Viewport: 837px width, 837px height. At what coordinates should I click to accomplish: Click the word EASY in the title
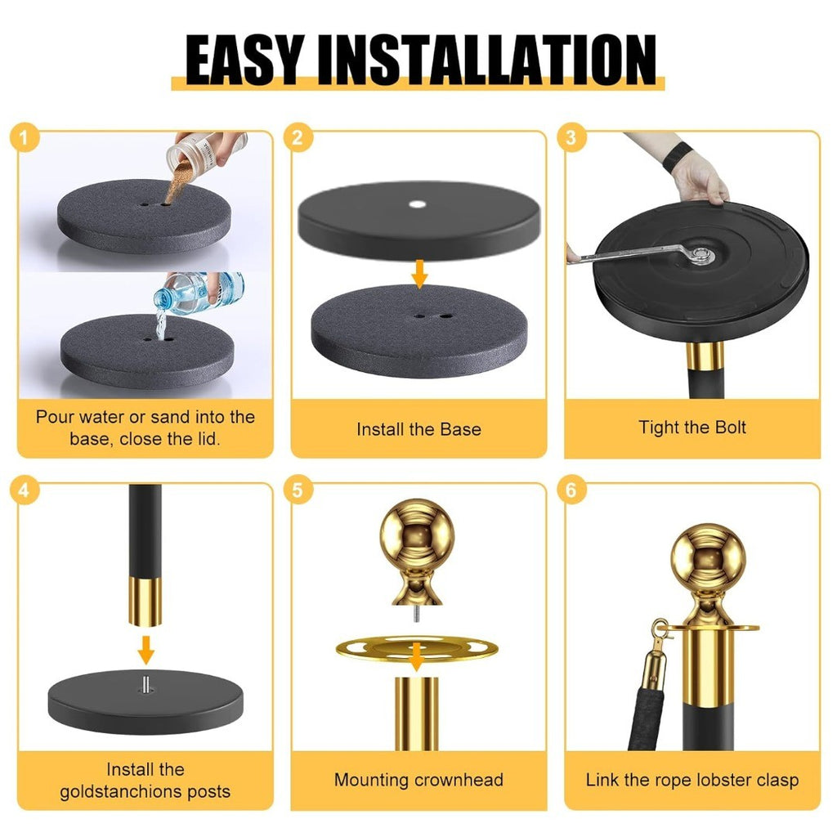coord(245,60)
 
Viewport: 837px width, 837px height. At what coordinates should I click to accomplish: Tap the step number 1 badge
coord(25,137)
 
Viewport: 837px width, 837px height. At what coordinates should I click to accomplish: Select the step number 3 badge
coord(571,137)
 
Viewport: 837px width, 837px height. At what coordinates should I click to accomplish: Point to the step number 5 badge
coord(298,490)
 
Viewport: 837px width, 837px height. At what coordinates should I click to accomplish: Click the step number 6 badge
coord(571,490)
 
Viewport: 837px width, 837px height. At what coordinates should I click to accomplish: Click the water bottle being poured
coord(199,293)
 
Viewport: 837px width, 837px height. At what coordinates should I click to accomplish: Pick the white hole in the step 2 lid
coord(418,204)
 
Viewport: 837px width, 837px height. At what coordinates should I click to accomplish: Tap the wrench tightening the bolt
coord(641,253)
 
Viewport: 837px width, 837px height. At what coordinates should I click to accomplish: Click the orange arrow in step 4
coord(145,650)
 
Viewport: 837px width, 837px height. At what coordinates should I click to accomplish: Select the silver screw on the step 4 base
coord(145,684)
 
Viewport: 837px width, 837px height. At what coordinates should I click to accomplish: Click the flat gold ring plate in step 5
coord(417,647)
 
